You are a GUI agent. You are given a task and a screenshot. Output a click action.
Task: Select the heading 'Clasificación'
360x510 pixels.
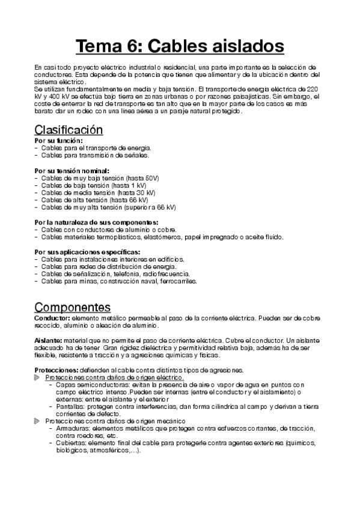pyautogui.click(x=69, y=130)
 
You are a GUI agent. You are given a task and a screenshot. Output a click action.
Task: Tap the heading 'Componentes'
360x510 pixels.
pyautogui.click(x=72, y=306)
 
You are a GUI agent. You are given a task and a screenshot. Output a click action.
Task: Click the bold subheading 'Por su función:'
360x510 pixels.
pyautogui.click(x=58, y=141)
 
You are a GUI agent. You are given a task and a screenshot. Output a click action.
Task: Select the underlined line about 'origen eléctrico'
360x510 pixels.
pyautogui.click(x=115, y=376)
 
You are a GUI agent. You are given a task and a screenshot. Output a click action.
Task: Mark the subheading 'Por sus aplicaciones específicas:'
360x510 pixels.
pyautogui.click(x=87, y=251)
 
